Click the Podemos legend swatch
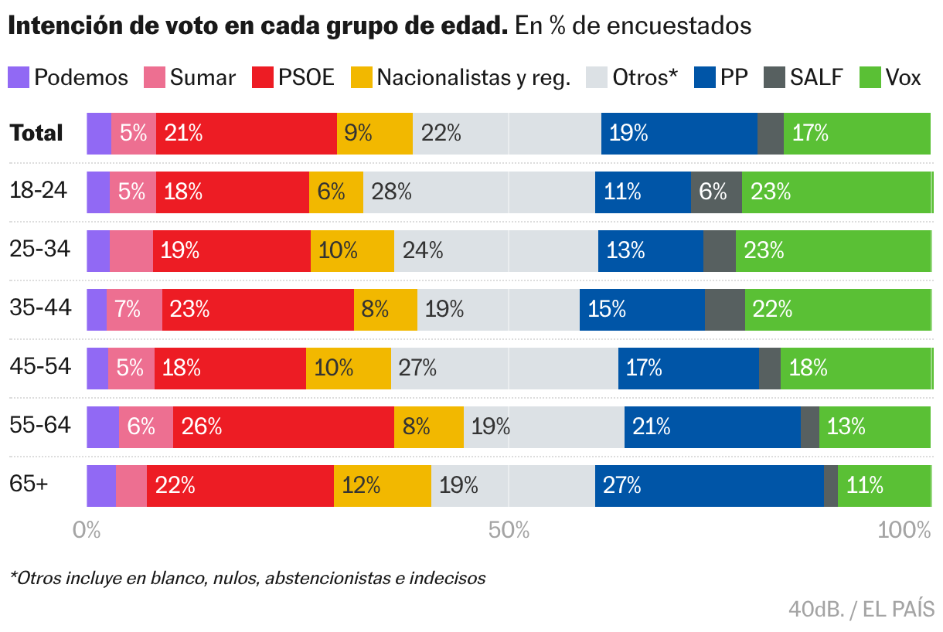19,77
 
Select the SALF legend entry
802,77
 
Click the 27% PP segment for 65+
709,485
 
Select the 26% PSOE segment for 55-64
283,426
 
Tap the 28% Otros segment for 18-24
478,192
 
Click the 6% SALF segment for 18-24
716,192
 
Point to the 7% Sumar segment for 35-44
134,309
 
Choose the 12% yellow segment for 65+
382,485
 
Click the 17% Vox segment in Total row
856,133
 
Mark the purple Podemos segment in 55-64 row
102,426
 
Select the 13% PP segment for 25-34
650,250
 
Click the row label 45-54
40,366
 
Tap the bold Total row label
36,133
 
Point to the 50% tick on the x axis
508,530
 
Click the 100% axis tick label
904,530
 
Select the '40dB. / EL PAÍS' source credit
861,609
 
